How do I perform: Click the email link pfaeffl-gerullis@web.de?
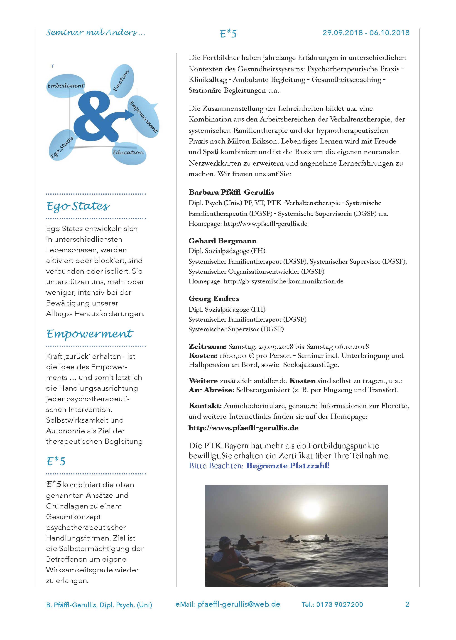coord(238,604)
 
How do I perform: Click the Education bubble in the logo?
coord(129,153)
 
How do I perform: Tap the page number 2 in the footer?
coord(407,604)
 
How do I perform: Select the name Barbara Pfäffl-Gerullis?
coord(231,192)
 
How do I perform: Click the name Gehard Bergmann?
coord(222,241)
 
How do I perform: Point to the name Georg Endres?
coord(214,298)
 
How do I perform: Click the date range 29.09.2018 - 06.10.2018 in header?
coord(365,33)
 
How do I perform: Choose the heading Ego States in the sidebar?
coord(78,206)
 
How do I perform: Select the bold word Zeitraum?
coord(207,346)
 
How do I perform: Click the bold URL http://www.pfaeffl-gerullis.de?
coord(243,428)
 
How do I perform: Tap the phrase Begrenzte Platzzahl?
coord(287,466)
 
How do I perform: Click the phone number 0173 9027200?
coord(339,604)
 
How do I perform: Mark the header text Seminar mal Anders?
coord(96,32)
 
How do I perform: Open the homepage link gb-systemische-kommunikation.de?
coord(283,281)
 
